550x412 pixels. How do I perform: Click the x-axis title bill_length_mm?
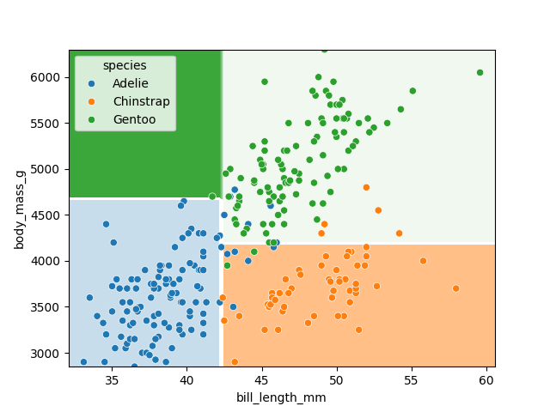[x=281, y=397]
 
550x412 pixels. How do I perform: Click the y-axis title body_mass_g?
[x=20, y=209]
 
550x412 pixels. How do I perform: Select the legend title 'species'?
[x=125, y=65]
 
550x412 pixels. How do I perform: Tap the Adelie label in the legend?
[x=130, y=83]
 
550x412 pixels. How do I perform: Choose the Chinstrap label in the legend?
[x=141, y=101]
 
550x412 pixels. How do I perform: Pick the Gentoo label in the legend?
[x=134, y=119]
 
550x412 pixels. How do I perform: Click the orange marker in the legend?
[x=92, y=101]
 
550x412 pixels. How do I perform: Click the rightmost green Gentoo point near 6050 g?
[x=480, y=73]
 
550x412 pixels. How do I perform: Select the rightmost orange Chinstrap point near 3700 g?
[x=455, y=288]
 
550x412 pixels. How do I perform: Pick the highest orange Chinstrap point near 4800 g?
[x=366, y=187]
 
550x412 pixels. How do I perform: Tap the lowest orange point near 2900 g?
[x=235, y=362]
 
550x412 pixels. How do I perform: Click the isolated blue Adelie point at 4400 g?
[x=107, y=224]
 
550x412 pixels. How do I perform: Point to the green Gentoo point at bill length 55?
[x=412, y=91]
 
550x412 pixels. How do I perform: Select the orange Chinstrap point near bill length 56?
[x=423, y=261]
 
